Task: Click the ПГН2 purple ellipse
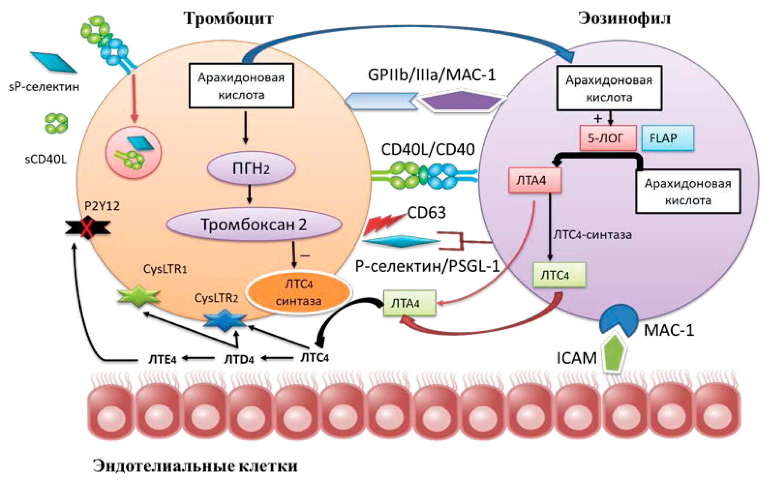tap(251, 168)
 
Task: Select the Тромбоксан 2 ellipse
tap(254, 225)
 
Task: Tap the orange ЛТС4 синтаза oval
tap(299, 292)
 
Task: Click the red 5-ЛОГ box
tap(608, 138)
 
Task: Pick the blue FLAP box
tap(667, 138)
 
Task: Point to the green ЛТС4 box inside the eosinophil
tap(559, 275)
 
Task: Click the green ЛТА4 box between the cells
tap(409, 303)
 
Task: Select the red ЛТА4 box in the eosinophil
tap(535, 180)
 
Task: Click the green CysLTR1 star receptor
tap(138, 296)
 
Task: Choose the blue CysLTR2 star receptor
tap(225, 320)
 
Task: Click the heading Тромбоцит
tap(228, 18)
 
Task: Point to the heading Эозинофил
tap(624, 18)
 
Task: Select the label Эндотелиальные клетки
tap(195, 466)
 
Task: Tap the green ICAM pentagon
tap(614, 353)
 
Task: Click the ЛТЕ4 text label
tap(162, 360)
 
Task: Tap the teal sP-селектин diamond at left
tap(53, 62)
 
